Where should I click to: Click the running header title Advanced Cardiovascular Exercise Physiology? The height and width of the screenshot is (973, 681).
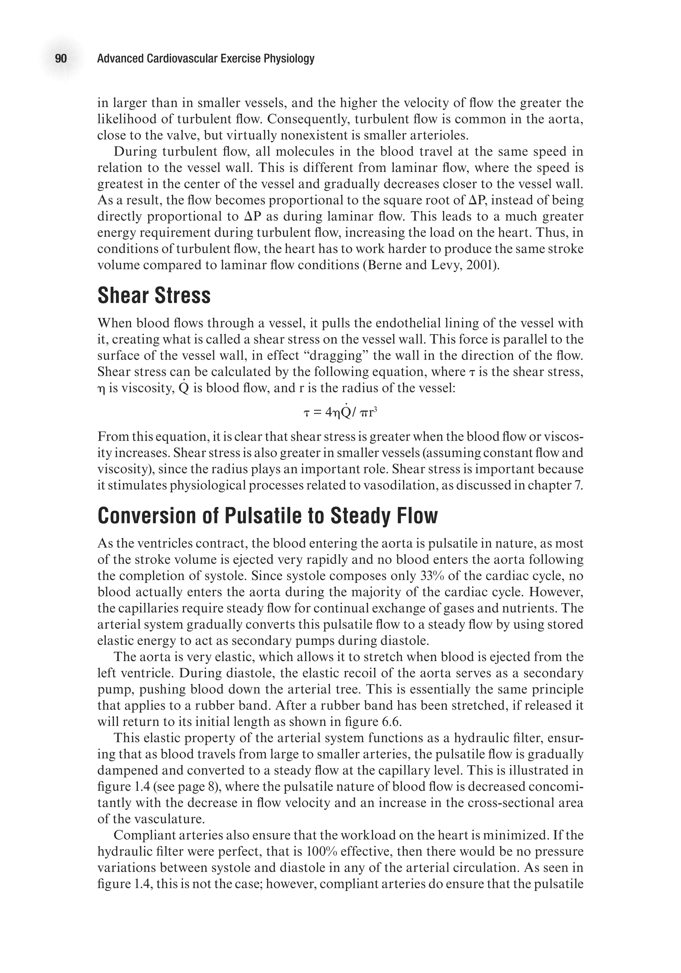click(205, 59)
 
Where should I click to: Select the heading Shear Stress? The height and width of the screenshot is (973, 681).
click(154, 295)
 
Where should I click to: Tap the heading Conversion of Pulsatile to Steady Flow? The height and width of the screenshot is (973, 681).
click(267, 516)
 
